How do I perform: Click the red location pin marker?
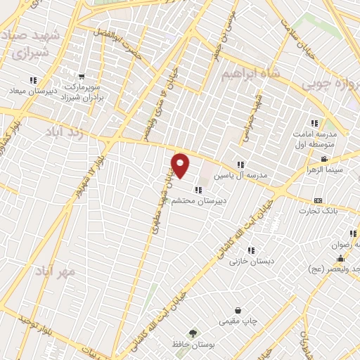pos(181,165)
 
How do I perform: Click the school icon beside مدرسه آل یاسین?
pos(240,165)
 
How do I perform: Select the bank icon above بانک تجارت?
pos(318,200)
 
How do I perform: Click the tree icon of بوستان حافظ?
pos(191,333)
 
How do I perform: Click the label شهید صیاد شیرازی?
pos(28,44)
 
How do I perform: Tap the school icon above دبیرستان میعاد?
pos(32,79)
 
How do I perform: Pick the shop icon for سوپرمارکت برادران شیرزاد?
pos(82,77)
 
